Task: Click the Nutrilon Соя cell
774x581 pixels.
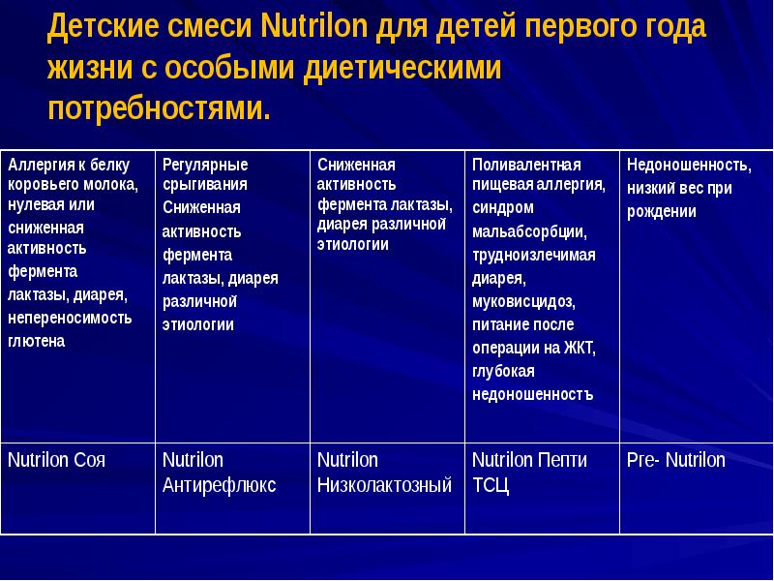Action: [57, 460]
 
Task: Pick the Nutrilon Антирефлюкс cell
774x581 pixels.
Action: [219, 473]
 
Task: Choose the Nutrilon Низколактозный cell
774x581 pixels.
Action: [384, 473]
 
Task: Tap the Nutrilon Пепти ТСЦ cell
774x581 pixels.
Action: [529, 473]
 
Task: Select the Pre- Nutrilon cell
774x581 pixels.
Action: [675, 460]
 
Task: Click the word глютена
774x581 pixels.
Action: [37, 341]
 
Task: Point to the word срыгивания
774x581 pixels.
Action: [204, 183]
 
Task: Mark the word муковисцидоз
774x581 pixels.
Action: [522, 300]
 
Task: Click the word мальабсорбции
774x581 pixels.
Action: [528, 231]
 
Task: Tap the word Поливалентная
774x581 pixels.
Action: [526, 164]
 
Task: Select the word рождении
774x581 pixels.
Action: [662, 212]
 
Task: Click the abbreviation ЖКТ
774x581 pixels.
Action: [579, 348]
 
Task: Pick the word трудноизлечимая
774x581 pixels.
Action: [533, 255]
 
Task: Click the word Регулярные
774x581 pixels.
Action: [205, 164]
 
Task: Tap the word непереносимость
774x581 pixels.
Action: [70, 318]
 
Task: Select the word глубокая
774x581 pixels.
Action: [503, 371]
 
